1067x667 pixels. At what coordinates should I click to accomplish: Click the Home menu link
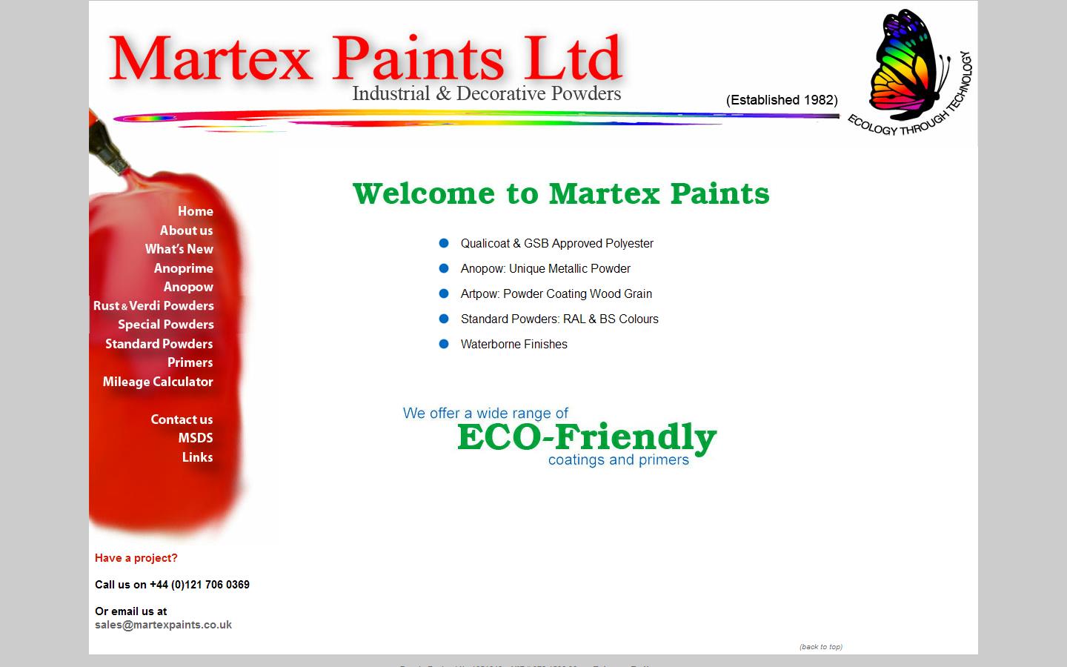pyautogui.click(x=195, y=211)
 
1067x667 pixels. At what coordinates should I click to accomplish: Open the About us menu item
pyautogui.click(x=186, y=230)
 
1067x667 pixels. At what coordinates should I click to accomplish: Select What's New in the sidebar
pyautogui.click(x=179, y=249)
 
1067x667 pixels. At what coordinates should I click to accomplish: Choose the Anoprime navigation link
pyautogui.click(x=183, y=268)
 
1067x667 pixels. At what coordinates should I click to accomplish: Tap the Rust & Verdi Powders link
pyautogui.click(x=153, y=305)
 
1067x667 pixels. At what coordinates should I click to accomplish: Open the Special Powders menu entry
pyautogui.click(x=165, y=325)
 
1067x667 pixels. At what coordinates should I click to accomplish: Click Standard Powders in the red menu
pyautogui.click(x=159, y=344)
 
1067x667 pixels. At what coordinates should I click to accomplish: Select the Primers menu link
pyautogui.click(x=190, y=362)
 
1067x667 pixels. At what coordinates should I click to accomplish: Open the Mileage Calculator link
pyautogui.click(x=158, y=382)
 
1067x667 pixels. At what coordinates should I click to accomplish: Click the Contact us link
pyautogui.click(x=182, y=419)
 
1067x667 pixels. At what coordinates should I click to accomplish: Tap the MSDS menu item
pyautogui.click(x=195, y=438)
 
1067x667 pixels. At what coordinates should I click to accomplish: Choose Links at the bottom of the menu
pyautogui.click(x=197, y=457)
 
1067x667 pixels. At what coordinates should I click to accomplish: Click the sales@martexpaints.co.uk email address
pyautogui.click(x=163, y=625)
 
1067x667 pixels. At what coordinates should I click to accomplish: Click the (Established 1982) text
pyautogui.click(x=782, y=100)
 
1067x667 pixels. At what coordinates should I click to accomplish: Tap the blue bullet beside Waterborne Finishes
pyautogui.click(x=444, y=344)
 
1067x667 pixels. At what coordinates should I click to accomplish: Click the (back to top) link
pyautogui.click(x=820, y=647)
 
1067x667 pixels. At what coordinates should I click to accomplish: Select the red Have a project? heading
pyautogui.click(x=136, y=558)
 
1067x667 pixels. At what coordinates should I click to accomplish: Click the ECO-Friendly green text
pyautogui.click(x=586, y=437)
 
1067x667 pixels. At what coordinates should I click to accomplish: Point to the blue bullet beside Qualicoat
pyautogui.click(x=444, y=243)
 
